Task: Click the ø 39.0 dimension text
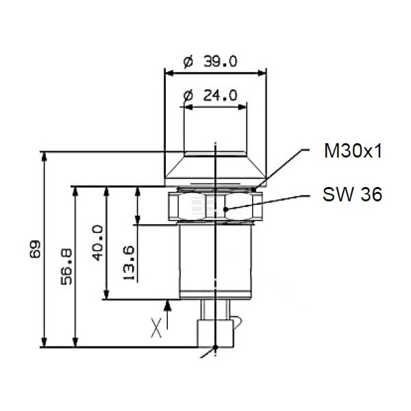tap(210, 62)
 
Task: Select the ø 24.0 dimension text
tap(210, 95)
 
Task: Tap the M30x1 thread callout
tap(353, 151)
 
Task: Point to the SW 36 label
tap(352, 195)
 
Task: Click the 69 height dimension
tap(35, 249)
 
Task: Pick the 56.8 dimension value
tap(66, 267)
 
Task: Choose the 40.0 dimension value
tap(98, 242)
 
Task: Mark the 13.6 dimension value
tap(129, 263)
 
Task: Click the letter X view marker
tap(156, 327)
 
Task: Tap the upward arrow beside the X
tap(168, 314)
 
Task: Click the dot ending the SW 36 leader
tap(225, 209)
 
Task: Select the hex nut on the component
tap(215, 206)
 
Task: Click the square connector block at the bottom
tap(215, 333)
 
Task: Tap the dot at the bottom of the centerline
tap(216, 347)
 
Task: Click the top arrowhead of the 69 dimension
tap(45, 156)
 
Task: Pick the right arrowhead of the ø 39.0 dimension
tap(262, 73)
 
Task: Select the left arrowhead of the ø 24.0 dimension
tap(188, 107)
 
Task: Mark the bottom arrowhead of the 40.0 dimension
tap(106, 295)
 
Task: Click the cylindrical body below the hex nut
tap(215, 262)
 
